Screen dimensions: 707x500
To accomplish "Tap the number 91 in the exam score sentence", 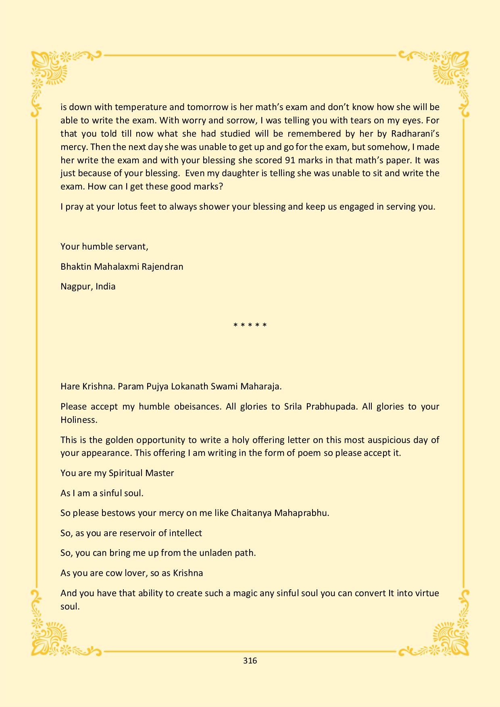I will click(290, 160).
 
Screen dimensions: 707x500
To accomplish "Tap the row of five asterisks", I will click(250, 325).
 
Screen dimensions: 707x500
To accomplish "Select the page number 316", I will click(250, 660).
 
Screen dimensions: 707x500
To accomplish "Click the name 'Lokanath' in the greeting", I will click(190, 387).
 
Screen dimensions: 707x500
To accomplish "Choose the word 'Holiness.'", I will click(79, 420).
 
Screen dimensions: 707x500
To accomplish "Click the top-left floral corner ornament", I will click(50, 71).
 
